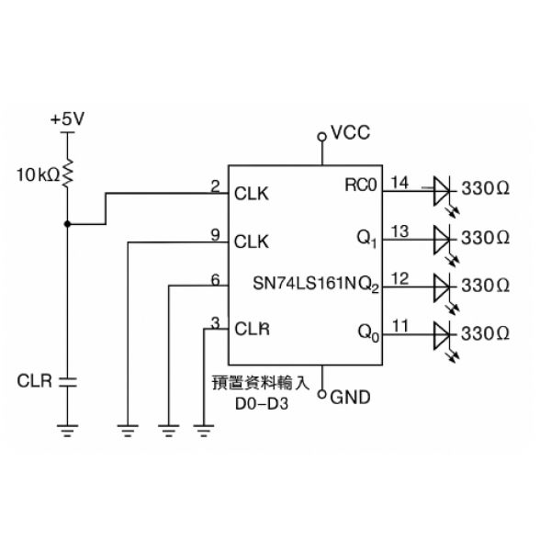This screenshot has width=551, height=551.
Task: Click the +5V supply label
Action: (67, 118)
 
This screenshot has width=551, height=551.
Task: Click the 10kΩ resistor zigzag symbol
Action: (67, 173)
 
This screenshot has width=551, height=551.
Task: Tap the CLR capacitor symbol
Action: (67, 382)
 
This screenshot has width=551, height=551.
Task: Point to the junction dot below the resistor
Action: (67, 224)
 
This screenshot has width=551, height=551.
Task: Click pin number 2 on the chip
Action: (215, 186)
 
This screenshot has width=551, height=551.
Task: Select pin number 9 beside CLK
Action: (215, 235)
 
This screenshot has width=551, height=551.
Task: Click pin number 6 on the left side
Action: (215, 280)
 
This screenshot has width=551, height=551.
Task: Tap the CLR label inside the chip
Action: (252, 330)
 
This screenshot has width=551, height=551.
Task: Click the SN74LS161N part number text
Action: (305, 283)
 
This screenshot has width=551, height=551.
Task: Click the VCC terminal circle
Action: (322, 137)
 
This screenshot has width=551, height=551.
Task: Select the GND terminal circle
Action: (322, 394)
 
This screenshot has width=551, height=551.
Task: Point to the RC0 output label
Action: (361, 186)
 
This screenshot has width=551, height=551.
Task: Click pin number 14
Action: (399, 183)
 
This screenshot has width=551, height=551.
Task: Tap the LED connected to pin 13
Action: (443, 240)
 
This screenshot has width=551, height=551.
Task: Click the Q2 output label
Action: (369, 285)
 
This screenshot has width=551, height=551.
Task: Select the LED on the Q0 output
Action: (443, 335)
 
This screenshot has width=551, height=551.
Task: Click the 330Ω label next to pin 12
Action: (485, 286)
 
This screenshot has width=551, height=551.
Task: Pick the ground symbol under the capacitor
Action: (67, 430)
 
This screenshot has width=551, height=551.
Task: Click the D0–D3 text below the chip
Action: (262, 404)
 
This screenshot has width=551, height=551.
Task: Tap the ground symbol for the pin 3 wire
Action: (204, 430)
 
